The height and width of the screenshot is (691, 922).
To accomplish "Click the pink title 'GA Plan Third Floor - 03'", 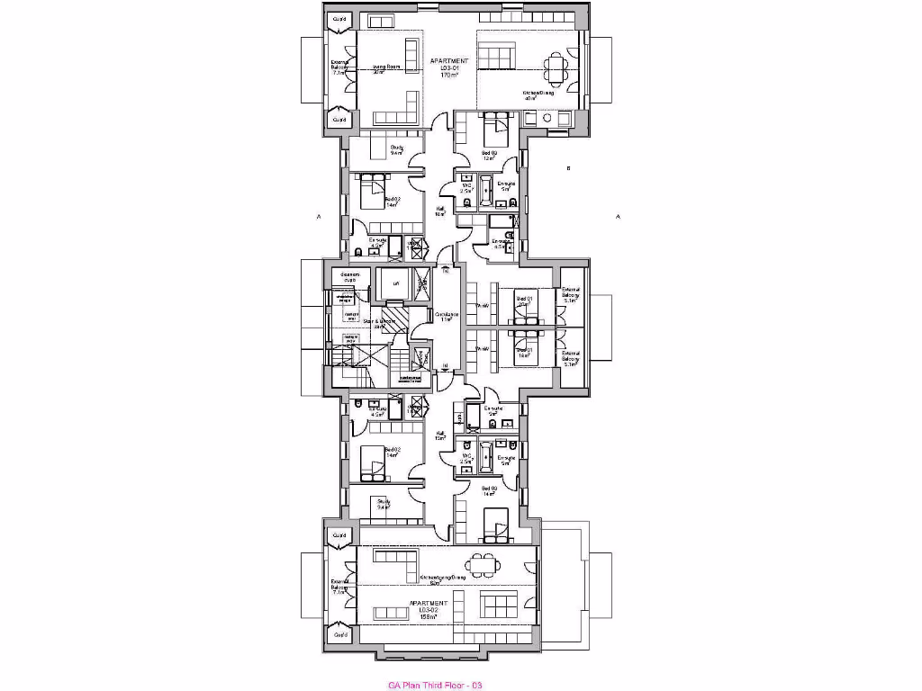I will [436, 686].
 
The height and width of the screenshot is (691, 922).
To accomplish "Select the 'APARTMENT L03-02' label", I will [423, 610].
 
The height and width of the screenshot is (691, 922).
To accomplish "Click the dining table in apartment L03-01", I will [556, 65].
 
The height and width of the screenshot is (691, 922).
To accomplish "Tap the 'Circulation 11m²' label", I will [447, 316].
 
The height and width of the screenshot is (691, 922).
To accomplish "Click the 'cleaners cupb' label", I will [349, 276].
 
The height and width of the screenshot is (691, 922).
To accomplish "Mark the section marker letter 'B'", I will [568, 168].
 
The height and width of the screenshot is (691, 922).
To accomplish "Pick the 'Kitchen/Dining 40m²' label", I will [538, 94].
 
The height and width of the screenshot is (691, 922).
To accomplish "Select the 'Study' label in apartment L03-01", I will [396, 150].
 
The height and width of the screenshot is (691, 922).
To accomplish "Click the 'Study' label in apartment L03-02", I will [384, 504].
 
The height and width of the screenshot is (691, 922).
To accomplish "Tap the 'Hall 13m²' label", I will [440, 435].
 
